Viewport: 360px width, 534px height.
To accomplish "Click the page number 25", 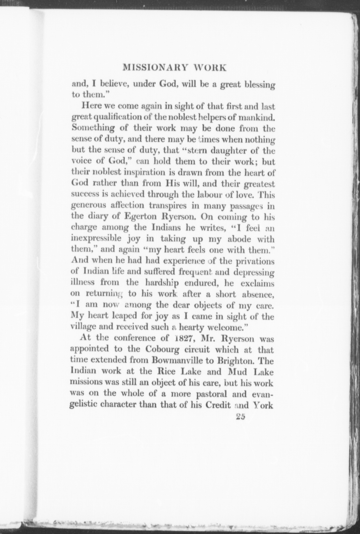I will pos(240,418).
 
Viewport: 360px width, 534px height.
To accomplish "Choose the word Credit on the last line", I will pos(218,405).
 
